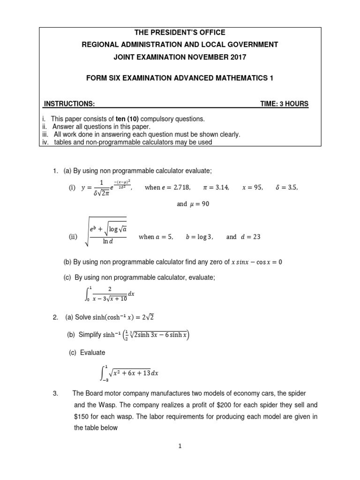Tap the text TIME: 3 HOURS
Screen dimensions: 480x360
pos(285,104)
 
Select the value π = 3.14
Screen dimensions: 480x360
pos(216,187)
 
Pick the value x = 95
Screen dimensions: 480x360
pos(253,187)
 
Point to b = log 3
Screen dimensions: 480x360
pos(199,237)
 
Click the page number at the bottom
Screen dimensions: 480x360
pos(180,447)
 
